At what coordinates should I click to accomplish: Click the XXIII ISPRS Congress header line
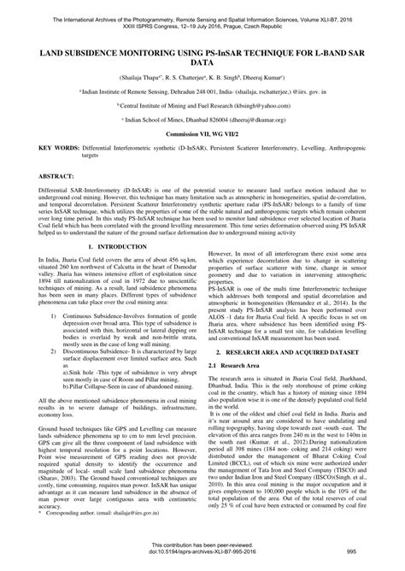[202, 16]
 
